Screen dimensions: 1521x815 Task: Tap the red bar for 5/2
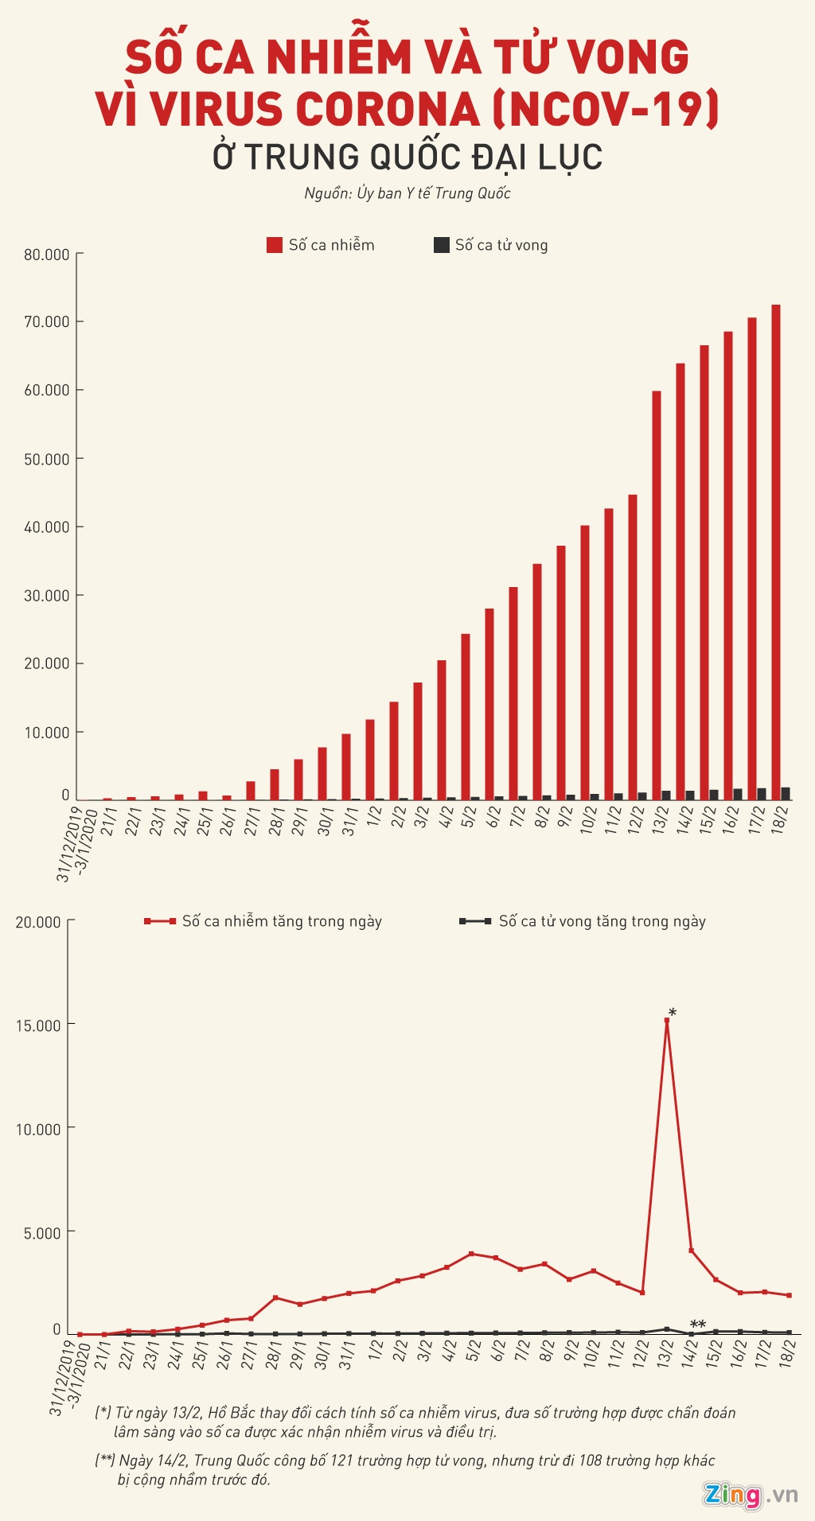click(466, 716)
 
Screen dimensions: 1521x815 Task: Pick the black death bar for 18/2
click(786, 793)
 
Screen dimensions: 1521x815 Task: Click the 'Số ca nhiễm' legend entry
click(321, 245)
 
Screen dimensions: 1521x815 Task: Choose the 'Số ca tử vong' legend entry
click(490, 245)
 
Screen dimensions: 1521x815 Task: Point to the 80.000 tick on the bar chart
click(47, 255)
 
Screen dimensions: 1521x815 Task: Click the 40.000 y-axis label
click(47, 527)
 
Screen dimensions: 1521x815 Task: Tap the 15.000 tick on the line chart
click(38, 1025)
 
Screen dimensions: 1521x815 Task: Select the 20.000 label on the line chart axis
click(38, 922)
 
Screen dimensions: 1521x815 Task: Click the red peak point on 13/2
click(667, 1020)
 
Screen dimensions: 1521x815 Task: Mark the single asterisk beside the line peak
click(673, 1013)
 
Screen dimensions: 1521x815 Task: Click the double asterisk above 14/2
click(697, 1325)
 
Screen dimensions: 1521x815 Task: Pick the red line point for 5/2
click(471, 1254)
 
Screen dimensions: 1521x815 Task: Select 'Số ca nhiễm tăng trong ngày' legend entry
click(263, 921)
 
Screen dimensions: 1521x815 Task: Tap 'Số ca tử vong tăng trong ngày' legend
click(583, 921)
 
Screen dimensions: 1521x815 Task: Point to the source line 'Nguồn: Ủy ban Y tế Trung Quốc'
click(407, 193)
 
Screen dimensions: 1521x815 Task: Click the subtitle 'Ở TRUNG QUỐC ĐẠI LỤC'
click(407, 157)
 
